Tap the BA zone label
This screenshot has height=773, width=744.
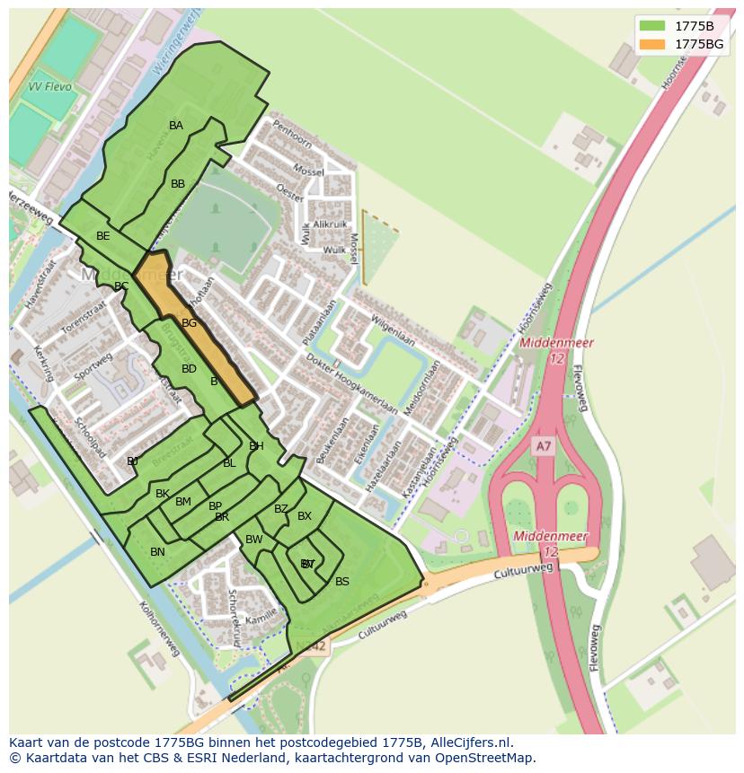[176, 126]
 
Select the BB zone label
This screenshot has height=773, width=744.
[178, 184]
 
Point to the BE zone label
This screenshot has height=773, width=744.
[103, 236]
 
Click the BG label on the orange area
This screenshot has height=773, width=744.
[189, 323]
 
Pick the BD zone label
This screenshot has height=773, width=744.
[189, 369]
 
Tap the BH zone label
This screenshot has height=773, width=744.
[256, 446]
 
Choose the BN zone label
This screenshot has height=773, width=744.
[157, 552]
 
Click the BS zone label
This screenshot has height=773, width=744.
[341, 582]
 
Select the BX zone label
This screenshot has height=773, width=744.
[305, 516]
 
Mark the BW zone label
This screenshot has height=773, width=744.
[254, 540]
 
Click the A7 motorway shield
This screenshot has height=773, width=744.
[543, 445]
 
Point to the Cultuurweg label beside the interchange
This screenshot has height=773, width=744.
[522, 569]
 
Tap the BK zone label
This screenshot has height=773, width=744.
[163, 494]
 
